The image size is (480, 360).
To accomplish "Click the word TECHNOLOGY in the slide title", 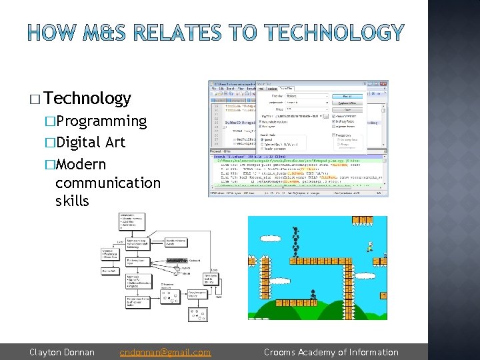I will [x=334, y=32].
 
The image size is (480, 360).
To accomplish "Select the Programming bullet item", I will [x=100, y=121].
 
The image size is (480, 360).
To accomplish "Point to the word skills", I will [x=72, y=201].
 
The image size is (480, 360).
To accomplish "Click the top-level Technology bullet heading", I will [x=89, y=99].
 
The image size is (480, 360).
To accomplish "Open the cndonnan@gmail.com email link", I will [x=165, y=352].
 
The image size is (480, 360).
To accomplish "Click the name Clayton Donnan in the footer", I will [x=62, y=352].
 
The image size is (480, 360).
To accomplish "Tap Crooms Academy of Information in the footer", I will [x=331, y=352].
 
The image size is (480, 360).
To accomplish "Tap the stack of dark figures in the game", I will [x=295, y=242].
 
